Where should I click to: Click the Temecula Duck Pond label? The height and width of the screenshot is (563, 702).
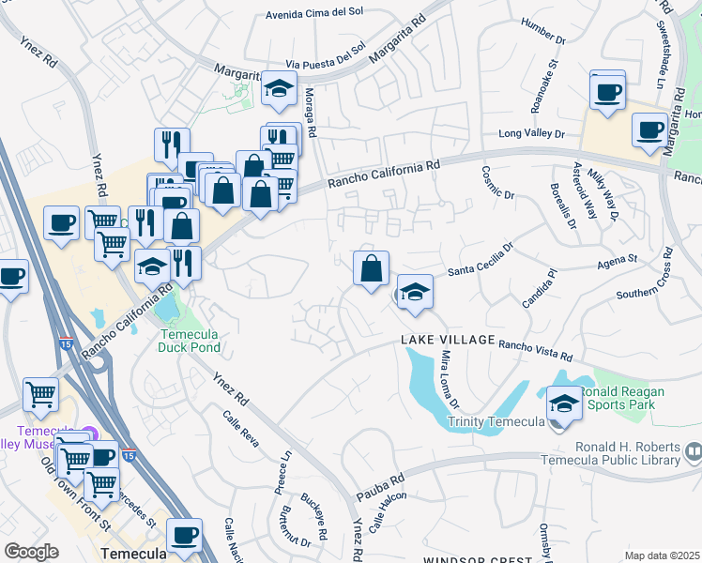(x=189, y=341)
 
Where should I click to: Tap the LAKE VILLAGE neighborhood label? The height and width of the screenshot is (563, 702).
(x=447, y=339)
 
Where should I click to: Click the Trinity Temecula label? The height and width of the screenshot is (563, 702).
(x=496, y=421)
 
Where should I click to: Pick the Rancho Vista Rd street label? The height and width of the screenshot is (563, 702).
(x=535, y=349)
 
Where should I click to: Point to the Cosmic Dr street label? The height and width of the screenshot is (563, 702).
(x=498, y=183)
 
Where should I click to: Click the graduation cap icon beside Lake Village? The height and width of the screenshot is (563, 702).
(x=414, y=293)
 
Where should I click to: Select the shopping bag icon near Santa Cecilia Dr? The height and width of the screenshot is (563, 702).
(x=372, y=267)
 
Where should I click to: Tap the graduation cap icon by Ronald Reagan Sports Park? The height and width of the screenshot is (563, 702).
(x=564, y=404)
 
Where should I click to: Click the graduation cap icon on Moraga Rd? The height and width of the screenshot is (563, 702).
(x=279, y=89)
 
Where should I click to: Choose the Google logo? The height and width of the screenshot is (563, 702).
(x=31, y=551)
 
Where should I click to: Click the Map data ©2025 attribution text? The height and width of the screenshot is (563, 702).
(x=661, y=555)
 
